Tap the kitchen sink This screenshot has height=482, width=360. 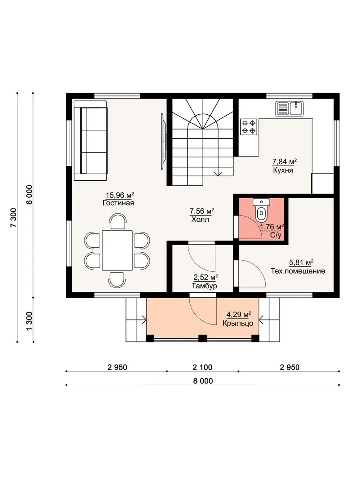[289, 108]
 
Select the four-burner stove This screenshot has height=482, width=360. [249, 127]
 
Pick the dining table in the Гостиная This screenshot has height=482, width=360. [117, 250]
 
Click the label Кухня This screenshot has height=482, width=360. [283, 170]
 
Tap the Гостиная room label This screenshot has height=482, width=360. [118, 203]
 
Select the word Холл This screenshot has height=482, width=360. [200, 220]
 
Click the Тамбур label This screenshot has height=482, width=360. [204, 286]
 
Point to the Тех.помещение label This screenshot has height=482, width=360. [298, 271]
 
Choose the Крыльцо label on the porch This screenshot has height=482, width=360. [238, 324]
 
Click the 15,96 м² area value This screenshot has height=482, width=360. [120, 195]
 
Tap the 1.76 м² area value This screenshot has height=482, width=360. [272, 227]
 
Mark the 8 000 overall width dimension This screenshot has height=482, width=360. [203, 381]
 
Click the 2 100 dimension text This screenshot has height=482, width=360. [202, 367]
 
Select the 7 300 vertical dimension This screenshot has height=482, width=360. [13, 218]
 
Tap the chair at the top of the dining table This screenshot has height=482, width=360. [118, 222]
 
